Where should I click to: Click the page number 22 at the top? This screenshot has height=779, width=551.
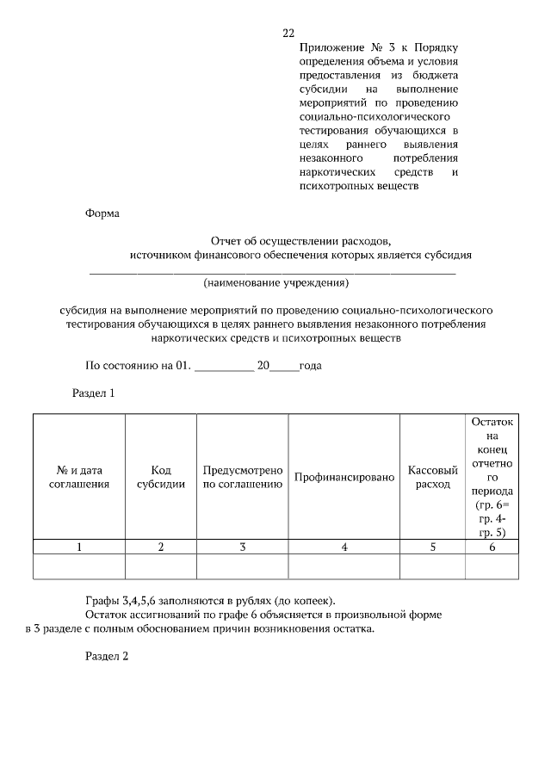288,34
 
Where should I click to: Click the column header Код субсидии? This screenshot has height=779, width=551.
161,477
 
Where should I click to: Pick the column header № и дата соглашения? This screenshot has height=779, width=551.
79,477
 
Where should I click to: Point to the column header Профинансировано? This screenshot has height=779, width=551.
344,477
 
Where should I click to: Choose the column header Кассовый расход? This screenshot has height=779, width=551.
431,477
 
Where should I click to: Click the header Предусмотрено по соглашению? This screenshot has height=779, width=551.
243,477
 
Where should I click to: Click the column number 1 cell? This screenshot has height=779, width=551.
79,547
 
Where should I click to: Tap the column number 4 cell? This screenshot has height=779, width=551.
344,547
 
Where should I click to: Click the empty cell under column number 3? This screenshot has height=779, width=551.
243,566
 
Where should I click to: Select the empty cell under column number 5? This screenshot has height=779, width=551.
431,566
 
